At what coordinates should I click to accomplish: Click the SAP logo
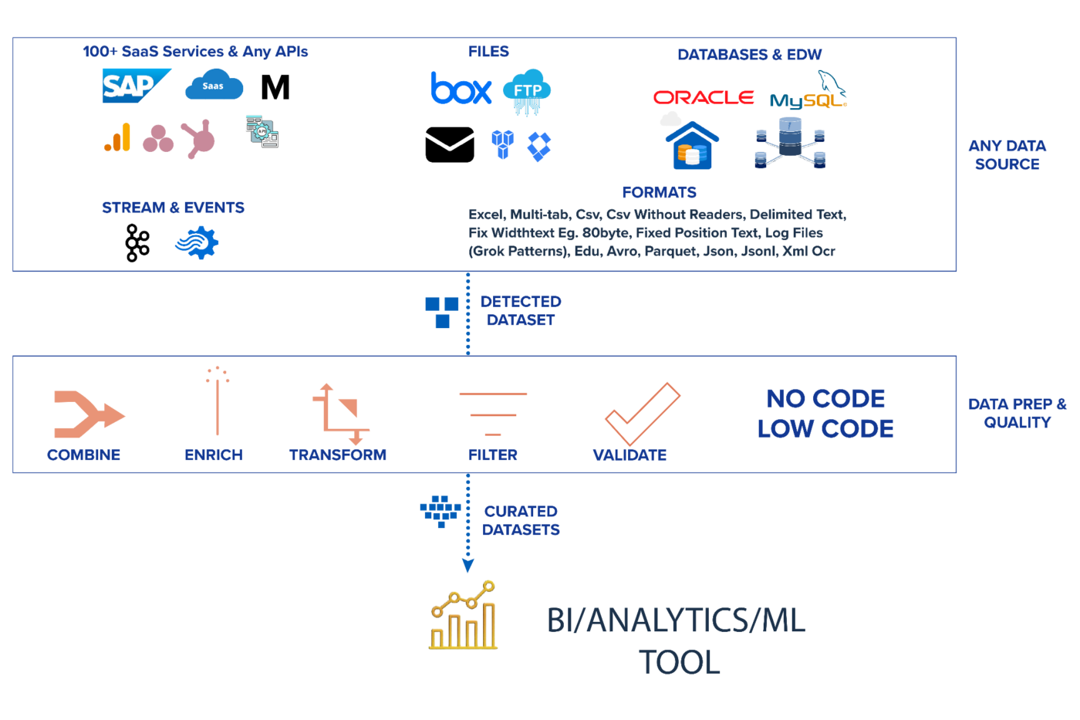click(x=136, y=86)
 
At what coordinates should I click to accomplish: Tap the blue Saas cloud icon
click(x=214, y=86)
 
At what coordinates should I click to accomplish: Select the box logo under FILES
click(x=461, y=89)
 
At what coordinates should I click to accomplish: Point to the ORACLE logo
click(x=703, y=97)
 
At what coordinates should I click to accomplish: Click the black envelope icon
click(x=450, y=144)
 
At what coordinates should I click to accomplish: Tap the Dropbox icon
click(x=539, y=146)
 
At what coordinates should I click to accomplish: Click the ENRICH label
click(x=214, y=455)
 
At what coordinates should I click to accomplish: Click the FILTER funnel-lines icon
click(x=493, y=414)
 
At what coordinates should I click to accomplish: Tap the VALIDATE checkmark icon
click(x=642, y=414)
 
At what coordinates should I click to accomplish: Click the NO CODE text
click(x=825, y=399)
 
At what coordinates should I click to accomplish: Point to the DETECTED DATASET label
click(x=521, y=311)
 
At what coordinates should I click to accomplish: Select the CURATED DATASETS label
click(x=521, y=521)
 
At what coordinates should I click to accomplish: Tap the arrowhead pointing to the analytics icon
click(x=467, y=566)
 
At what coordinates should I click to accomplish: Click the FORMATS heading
click(x=659, y=192)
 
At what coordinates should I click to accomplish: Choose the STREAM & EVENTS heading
click(x=173, y=208)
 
